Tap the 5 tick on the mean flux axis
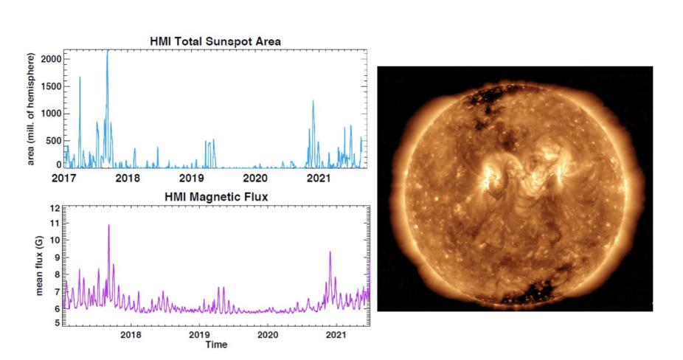tap(56, 324)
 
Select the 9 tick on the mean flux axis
tap(56, 258)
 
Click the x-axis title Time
tap(216, 345)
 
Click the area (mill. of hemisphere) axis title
tap(32, 108)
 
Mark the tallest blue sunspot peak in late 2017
tap(107, 52)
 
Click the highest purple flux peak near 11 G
tap(109, 226)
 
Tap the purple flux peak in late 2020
tap(330, 252)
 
